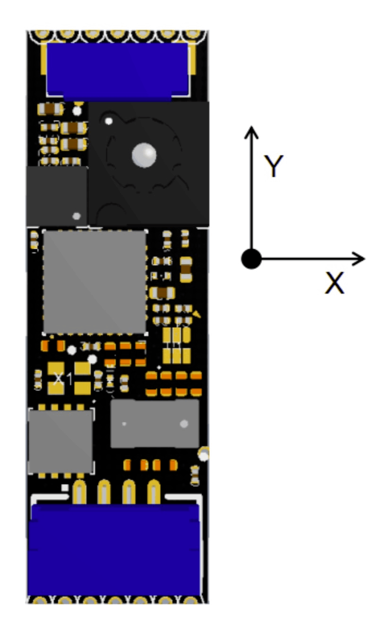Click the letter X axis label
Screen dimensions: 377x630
pos(334,283)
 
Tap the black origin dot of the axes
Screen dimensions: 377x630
pos(251,259)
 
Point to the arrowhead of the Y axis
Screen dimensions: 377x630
pos(251,132)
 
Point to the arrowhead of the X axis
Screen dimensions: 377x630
pos(359,259)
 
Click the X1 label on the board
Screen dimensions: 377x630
pos(63,379)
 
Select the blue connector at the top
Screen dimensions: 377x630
pos(118,72)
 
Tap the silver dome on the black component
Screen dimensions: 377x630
pos(144,155)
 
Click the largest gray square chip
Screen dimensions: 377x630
pos(94,282)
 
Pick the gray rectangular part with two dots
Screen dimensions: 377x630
pos(155,424)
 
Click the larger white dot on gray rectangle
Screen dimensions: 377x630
pos(184,424)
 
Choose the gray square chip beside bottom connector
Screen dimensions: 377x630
pos(60,442)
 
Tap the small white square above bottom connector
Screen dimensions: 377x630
pos(65,488)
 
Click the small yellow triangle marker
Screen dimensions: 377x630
pos(197,314)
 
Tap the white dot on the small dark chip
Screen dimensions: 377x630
pos(77,216)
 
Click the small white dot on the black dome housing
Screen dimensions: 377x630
pos(109,121)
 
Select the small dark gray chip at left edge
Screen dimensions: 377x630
pos(57,196)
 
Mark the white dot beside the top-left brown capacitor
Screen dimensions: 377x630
pos(77,111)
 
